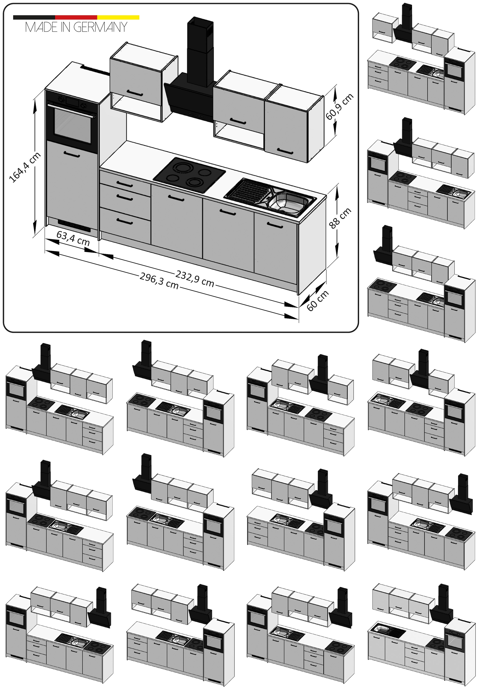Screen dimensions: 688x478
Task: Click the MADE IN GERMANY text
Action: click(x=76, y=27)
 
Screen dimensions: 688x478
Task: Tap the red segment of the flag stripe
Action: click(x=76, y=17)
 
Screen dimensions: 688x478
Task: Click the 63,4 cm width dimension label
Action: click(x=73, y=239)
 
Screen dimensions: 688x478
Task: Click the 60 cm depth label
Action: click(x=318, y=300)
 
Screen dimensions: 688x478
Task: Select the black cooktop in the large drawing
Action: click(x=189, y=174)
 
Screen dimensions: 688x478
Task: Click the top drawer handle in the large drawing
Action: click(x=125, y=184)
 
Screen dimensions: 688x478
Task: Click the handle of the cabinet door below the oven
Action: click(x=72, y=154)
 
